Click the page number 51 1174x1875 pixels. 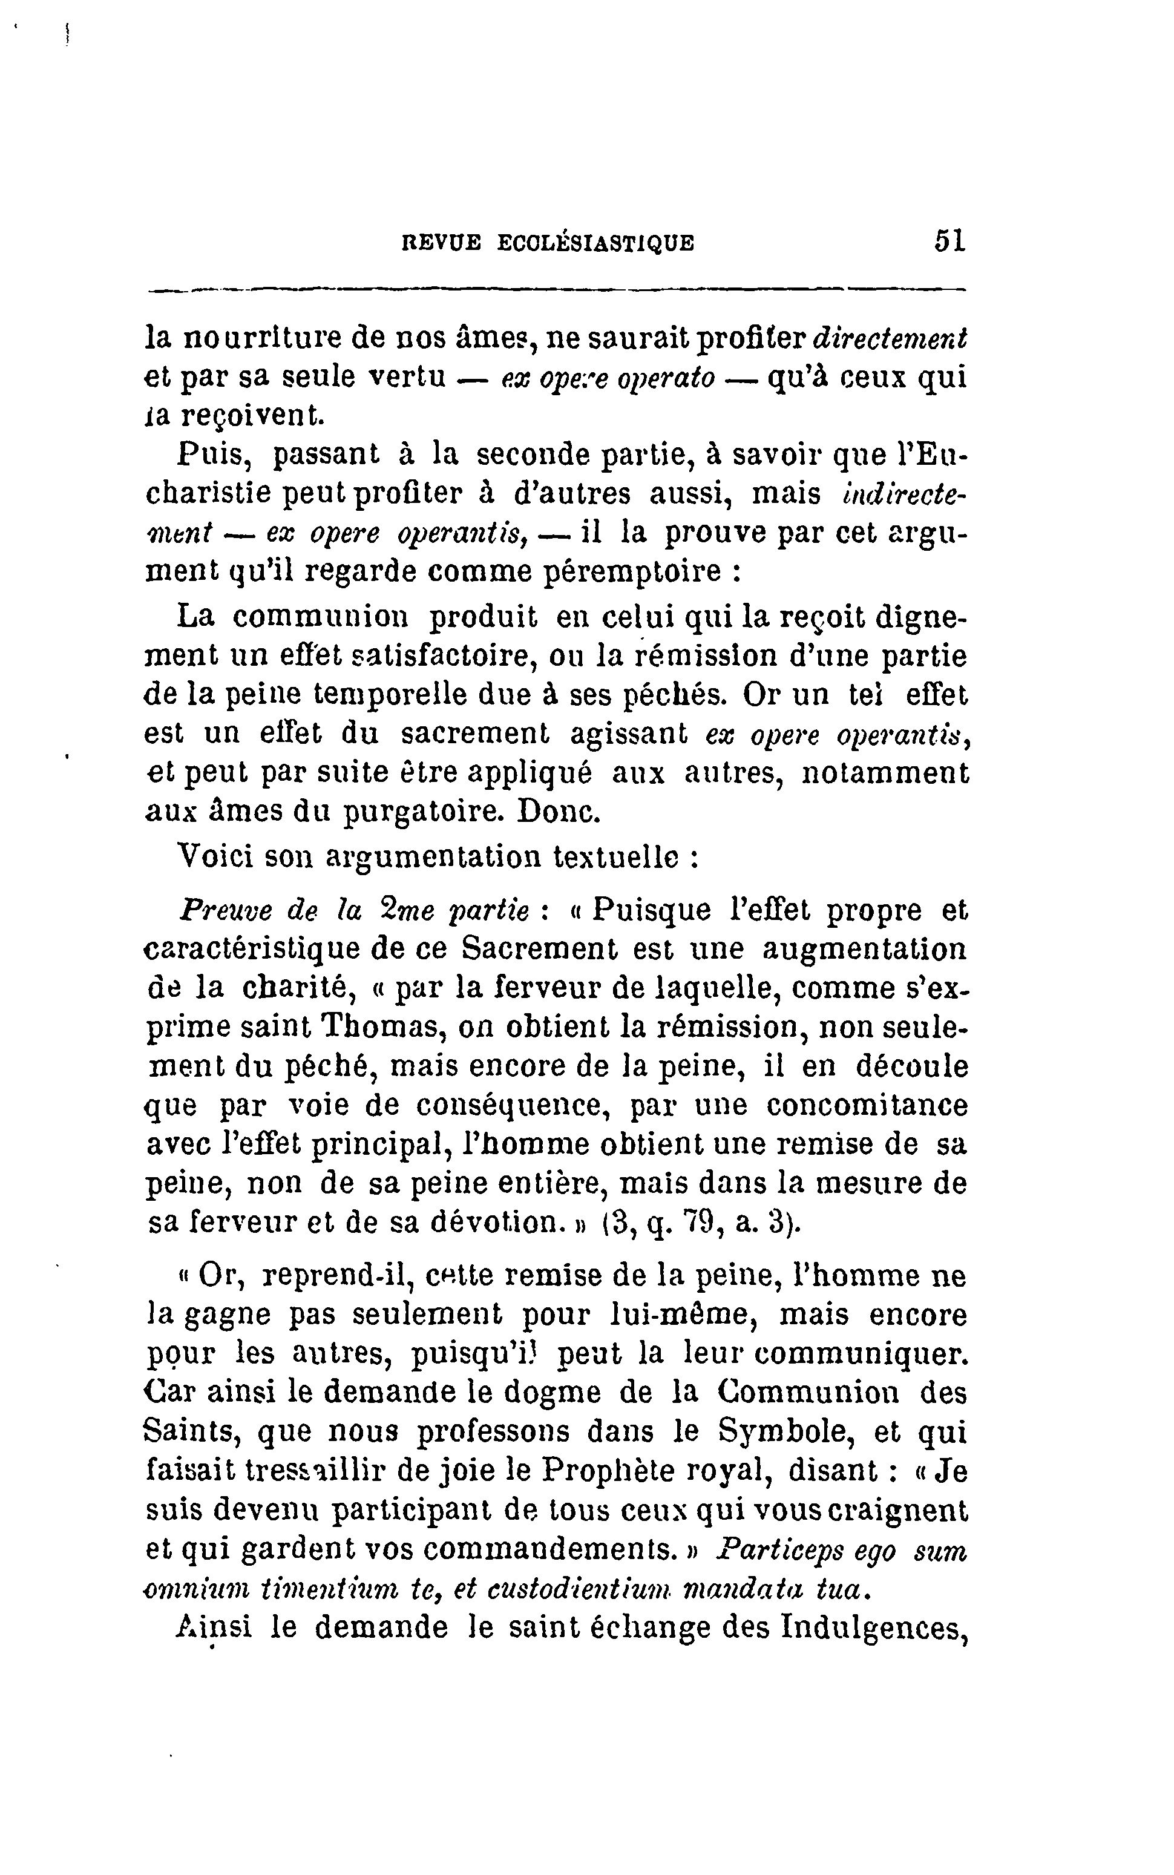949,241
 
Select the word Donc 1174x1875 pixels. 559,812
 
